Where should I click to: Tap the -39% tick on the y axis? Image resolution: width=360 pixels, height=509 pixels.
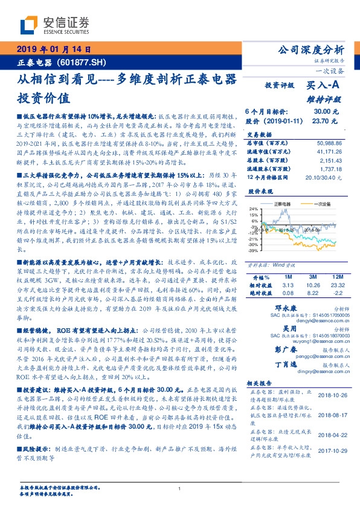pyautogui.click(x=253, y=249)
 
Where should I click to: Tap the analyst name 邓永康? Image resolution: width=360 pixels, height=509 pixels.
pyautogui.click(x=278, y=308)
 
